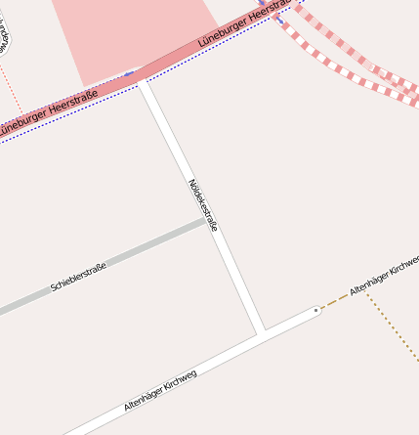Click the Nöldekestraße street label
point(202,204)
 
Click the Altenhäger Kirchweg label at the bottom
point(160,389)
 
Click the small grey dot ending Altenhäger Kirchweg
point(316,310)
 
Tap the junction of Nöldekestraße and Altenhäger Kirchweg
point(261,332)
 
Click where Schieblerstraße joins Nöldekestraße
point(209,222)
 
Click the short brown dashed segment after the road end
point(335,301)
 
